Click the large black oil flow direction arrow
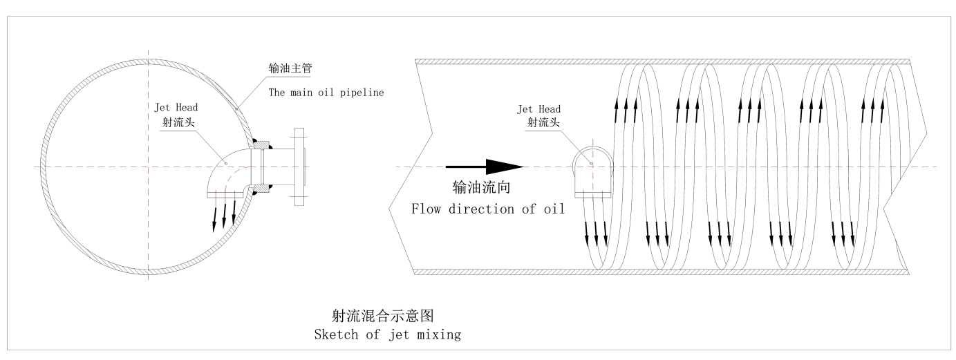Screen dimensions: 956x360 coord(485,167)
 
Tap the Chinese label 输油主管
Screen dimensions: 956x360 coord(290,68)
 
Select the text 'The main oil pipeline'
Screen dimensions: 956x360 coord(326,93)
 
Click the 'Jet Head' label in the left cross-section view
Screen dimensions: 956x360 coord(176,107)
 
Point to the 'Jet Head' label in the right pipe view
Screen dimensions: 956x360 coord(538,109)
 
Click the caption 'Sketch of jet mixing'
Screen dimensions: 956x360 coord(388,334)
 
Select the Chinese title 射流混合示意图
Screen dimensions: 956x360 coord(383,316)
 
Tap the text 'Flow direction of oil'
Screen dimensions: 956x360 coord(488,209)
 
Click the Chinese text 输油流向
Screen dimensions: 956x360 coord(481,187)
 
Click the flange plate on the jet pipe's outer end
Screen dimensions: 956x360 coord(299,167)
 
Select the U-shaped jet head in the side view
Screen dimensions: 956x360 coord(593,171)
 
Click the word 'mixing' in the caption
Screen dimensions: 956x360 coord(439,335)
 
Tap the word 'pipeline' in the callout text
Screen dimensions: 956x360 coord(362,93)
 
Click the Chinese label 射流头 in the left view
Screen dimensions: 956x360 coord(178,122)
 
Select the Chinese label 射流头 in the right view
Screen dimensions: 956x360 coord(543,122)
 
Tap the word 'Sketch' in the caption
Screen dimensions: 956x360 coord(336,334)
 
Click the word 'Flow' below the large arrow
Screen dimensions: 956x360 coord(426,209)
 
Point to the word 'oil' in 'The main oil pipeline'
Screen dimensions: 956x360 coord(326,93)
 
